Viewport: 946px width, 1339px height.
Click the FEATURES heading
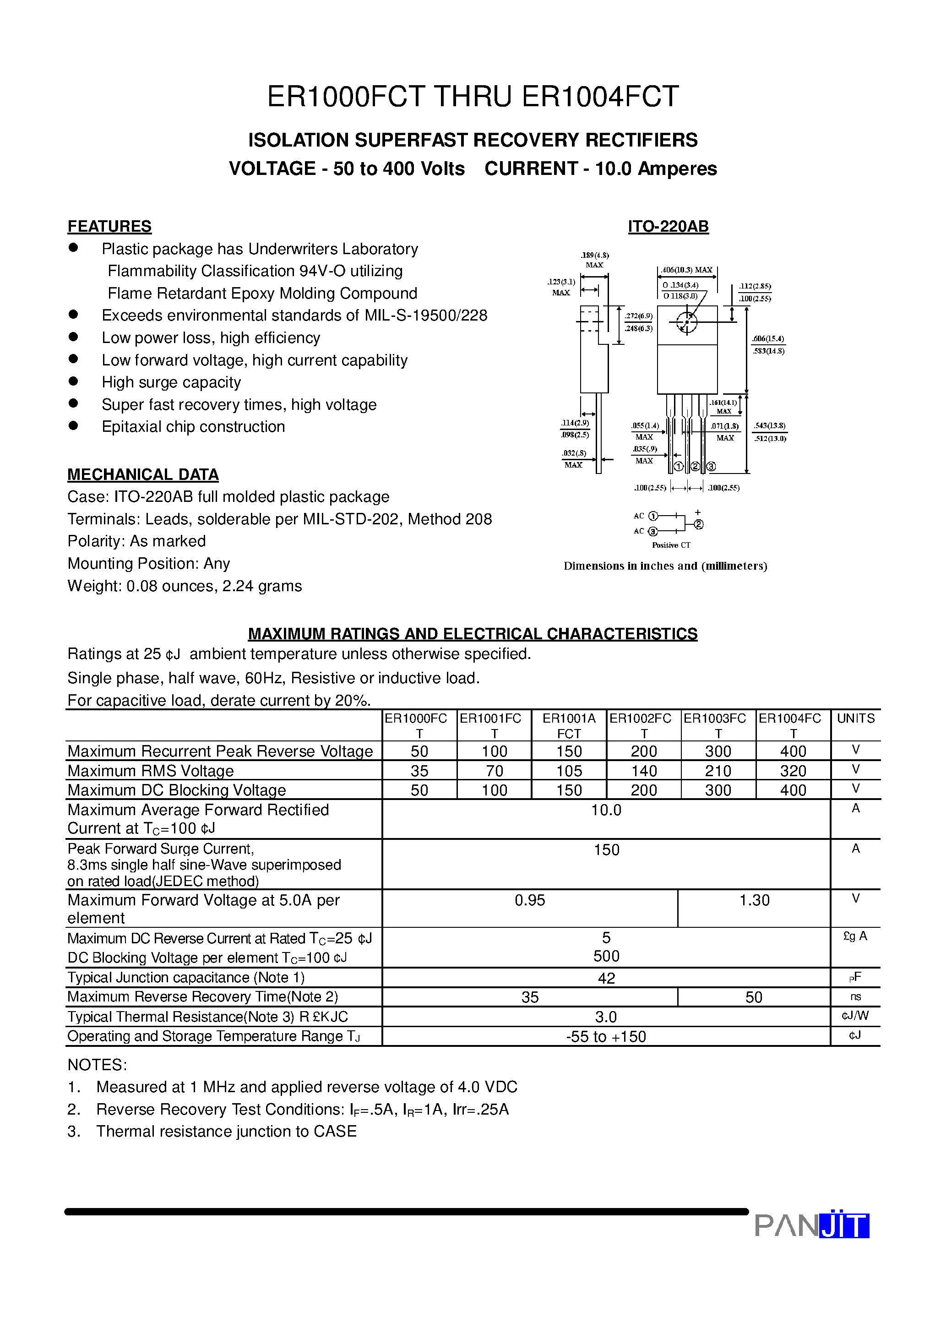coord(109,226)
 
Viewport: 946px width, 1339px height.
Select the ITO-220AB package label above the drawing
coord(668,226)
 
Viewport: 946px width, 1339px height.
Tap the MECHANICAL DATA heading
coord(143,474)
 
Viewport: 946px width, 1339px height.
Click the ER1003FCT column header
coord(718,725)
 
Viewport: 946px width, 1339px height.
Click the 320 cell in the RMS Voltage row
coord(793,771)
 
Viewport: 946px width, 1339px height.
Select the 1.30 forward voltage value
coord(754,900)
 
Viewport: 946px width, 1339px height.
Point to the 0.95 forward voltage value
coord(530,900)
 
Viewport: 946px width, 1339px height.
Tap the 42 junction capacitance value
coord(606,978)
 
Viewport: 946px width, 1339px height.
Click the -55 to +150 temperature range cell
coord(606,1036)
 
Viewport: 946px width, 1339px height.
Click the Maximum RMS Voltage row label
coord(151,771)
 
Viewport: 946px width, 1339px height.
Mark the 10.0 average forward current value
coord(606,810)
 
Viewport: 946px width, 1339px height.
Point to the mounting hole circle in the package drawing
coord(686,321)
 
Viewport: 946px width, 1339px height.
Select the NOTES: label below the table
coord(97,1065)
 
